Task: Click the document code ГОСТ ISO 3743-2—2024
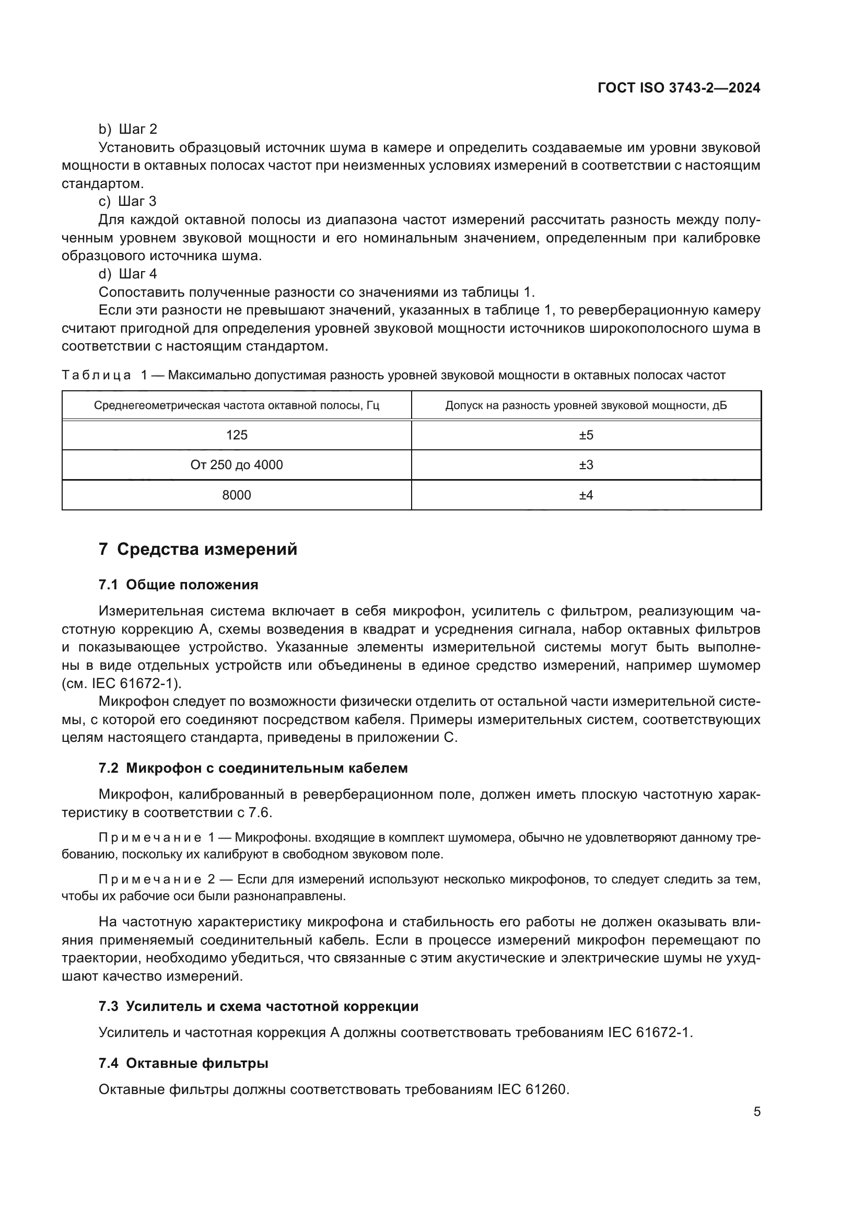tap(679, 88)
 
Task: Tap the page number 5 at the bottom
tap(757, 1112)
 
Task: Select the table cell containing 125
tap(237, 435)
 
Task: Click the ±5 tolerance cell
tap(586, 435)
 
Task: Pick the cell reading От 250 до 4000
tap(237, 465)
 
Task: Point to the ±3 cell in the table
tap(586, 465)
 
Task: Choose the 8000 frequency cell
tap(237, 495)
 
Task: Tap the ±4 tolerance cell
tap(586, 495)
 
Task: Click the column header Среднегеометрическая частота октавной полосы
tap(237, 405)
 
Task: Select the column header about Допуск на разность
tap(586, 405)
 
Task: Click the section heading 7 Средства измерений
tap(198, 549)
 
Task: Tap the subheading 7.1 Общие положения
tap(178, 585)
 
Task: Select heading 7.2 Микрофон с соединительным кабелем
tap(253, 769)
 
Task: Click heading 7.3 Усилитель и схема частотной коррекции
tap(259, 1006)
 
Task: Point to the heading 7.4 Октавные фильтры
tap(183, 1063)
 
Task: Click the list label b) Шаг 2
tap(127, 130)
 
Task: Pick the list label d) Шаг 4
tap(127, 274)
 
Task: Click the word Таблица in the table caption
tap(96, 376)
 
